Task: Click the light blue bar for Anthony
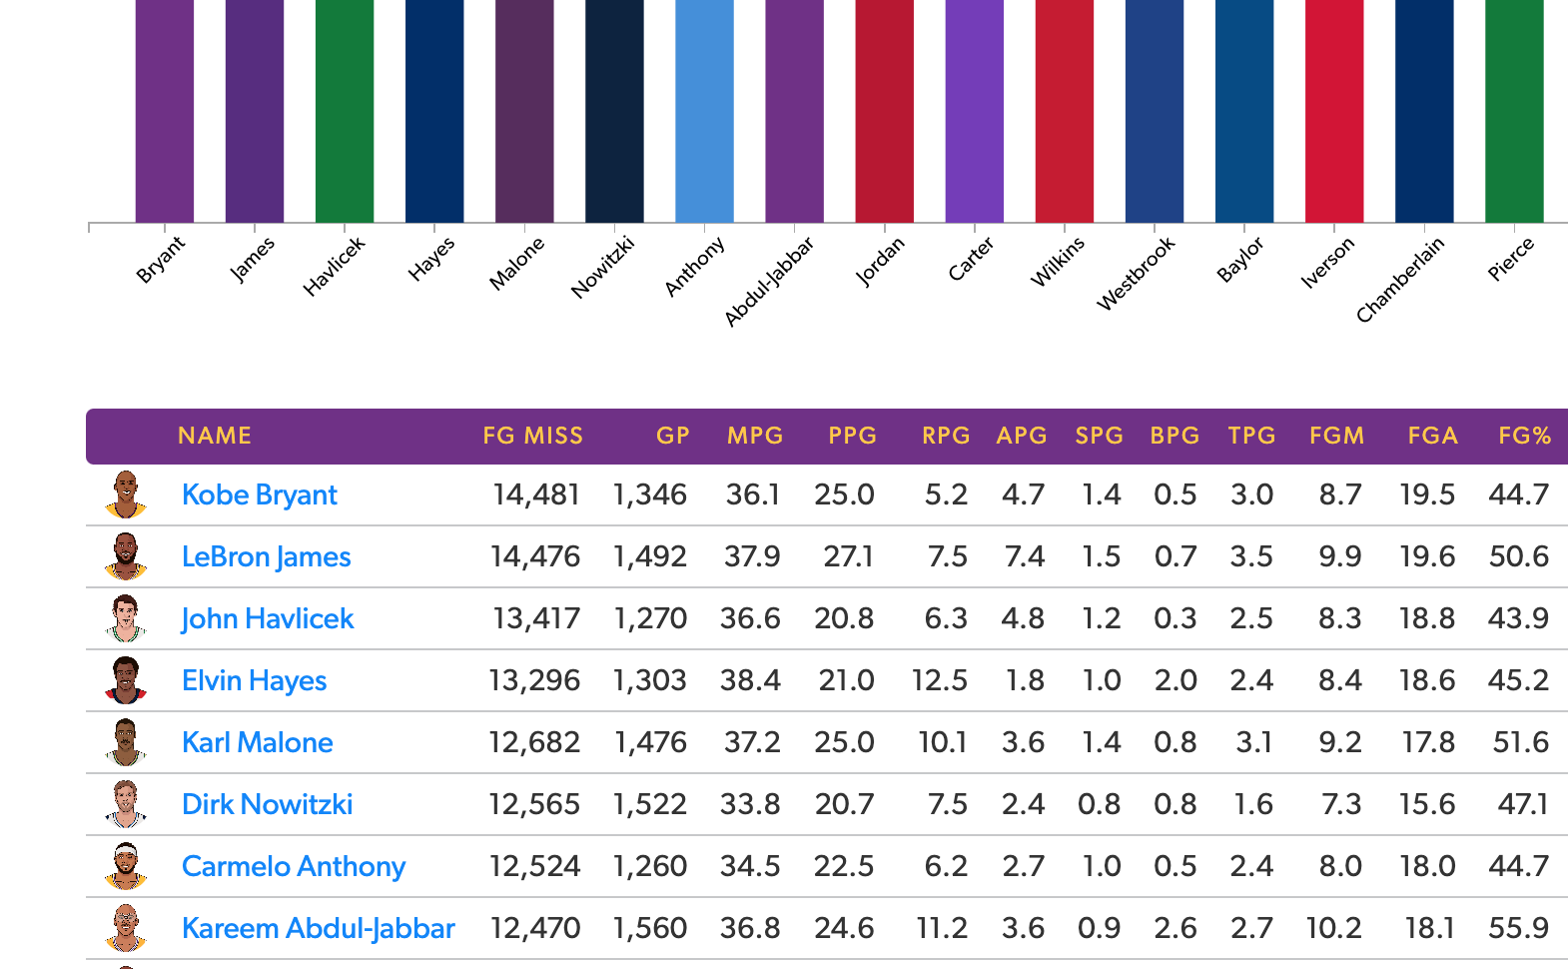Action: [x=704, y=110]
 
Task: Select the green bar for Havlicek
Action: [x=345, y=110]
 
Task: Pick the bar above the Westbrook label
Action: [x=1155, y=110]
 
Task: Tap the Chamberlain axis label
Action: [x=1400, y=280]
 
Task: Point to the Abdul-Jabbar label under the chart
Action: [x=769, y=282]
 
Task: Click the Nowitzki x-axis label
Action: [x=602, y=267]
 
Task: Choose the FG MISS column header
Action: [x=532, y=436]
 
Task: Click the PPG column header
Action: [x=852, y=436]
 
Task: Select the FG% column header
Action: [x=1524, y=436]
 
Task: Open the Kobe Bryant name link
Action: [x=260, y=495]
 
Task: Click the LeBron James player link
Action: [x=266, y=557]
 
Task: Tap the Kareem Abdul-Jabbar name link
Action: [x=318, y=929]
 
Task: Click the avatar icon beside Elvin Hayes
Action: [x=126, y=680]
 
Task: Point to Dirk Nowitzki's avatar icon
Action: [x=126, y=804]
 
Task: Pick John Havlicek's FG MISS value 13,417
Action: [x=536, y=619]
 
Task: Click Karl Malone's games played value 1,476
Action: [x=650, y=743]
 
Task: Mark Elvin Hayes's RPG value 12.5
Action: [x=939, y=681]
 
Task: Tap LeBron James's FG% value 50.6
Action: [x=1518, y=557]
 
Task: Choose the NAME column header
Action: [x=215, y=436]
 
